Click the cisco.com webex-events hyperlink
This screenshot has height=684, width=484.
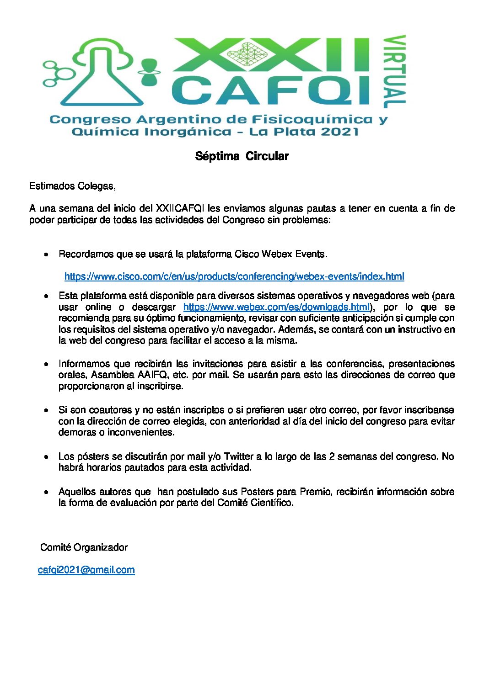click(x=234, y=276)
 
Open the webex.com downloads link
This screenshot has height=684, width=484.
click(x=276, y=307)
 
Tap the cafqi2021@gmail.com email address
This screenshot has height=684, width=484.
click(x=86, y=570)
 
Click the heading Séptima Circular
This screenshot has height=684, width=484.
click(x=242, y=156)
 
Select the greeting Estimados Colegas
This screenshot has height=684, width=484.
click(x=72, y=186)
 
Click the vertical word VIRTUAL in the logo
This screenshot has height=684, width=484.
click(x=394, y=72)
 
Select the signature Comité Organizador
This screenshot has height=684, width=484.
click(x=84, y=547)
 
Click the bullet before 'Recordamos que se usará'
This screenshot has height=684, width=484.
click(x=46, y=255)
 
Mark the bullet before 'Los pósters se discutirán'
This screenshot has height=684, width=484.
click(x=46, y=457)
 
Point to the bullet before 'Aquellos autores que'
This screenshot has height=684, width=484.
click(x=46, y=492)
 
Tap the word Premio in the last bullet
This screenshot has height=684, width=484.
click(x=315, y=492)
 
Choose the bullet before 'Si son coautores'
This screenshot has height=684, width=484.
click(x=46, y=410)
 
